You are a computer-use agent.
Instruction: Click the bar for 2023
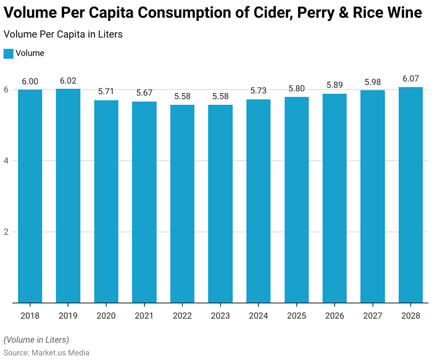(220, 203)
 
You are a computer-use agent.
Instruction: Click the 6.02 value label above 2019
(68, 81)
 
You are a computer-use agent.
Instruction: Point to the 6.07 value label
(410, 79)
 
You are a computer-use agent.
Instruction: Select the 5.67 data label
(144, 93)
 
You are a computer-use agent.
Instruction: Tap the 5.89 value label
(334, 85)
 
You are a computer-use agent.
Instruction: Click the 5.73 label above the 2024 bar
(259, 91)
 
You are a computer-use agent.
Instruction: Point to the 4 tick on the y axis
(7, 161)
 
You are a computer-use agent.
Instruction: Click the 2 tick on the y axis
(7, 232)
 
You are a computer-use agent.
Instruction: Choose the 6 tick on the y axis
(7, 89)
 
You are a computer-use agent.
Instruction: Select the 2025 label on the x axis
(296, 316)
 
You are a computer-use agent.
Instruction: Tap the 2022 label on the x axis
(182, 316)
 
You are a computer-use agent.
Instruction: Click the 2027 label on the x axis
(373, 316)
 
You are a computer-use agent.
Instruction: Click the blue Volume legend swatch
(8, 54)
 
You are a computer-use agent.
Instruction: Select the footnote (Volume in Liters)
(36, 340)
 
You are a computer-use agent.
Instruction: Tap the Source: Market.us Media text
(46, 353)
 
